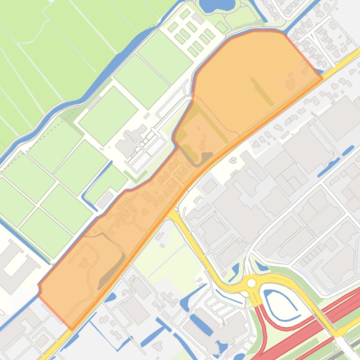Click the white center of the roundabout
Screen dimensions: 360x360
point(252,283)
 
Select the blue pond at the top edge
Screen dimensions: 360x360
point(216,4)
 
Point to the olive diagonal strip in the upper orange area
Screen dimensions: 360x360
point(262,91)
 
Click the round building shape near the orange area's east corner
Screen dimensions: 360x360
point(290,84)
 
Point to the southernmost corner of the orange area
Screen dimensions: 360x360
point(71,329)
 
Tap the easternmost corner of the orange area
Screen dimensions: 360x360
point(323,78)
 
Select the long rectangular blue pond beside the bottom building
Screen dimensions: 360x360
point(201,325)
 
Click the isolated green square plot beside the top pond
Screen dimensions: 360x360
point(221,28)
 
